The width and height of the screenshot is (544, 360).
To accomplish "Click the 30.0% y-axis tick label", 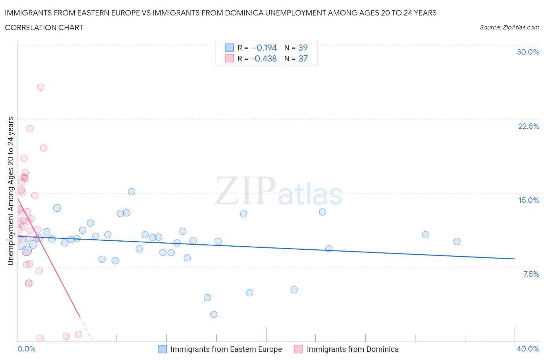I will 528,52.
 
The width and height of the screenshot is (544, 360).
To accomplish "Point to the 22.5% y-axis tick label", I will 529,126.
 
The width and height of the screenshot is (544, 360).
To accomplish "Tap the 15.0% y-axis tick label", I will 529,200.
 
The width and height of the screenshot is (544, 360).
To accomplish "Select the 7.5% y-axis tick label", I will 531,274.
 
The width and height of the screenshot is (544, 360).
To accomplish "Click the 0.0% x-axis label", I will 26,349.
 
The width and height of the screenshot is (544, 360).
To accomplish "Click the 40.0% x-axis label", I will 528,349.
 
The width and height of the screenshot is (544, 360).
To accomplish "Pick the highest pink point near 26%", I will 41,87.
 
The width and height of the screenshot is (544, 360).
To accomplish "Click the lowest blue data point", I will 214,315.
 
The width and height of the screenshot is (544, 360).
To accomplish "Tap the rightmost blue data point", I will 457,242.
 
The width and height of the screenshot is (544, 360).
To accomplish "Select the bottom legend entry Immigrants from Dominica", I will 352,349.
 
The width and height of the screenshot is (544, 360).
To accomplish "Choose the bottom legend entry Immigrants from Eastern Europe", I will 226,349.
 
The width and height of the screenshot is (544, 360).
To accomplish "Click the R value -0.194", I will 265,48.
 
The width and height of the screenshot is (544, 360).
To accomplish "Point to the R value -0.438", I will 264,58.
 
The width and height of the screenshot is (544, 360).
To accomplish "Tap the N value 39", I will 303,48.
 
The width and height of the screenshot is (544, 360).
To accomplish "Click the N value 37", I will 303,58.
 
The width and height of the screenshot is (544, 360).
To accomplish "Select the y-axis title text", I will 10,191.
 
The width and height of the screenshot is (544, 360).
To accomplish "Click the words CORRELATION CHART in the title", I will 44,27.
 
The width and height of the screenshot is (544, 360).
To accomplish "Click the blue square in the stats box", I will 229,48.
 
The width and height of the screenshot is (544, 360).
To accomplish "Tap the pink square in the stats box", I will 229,58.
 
